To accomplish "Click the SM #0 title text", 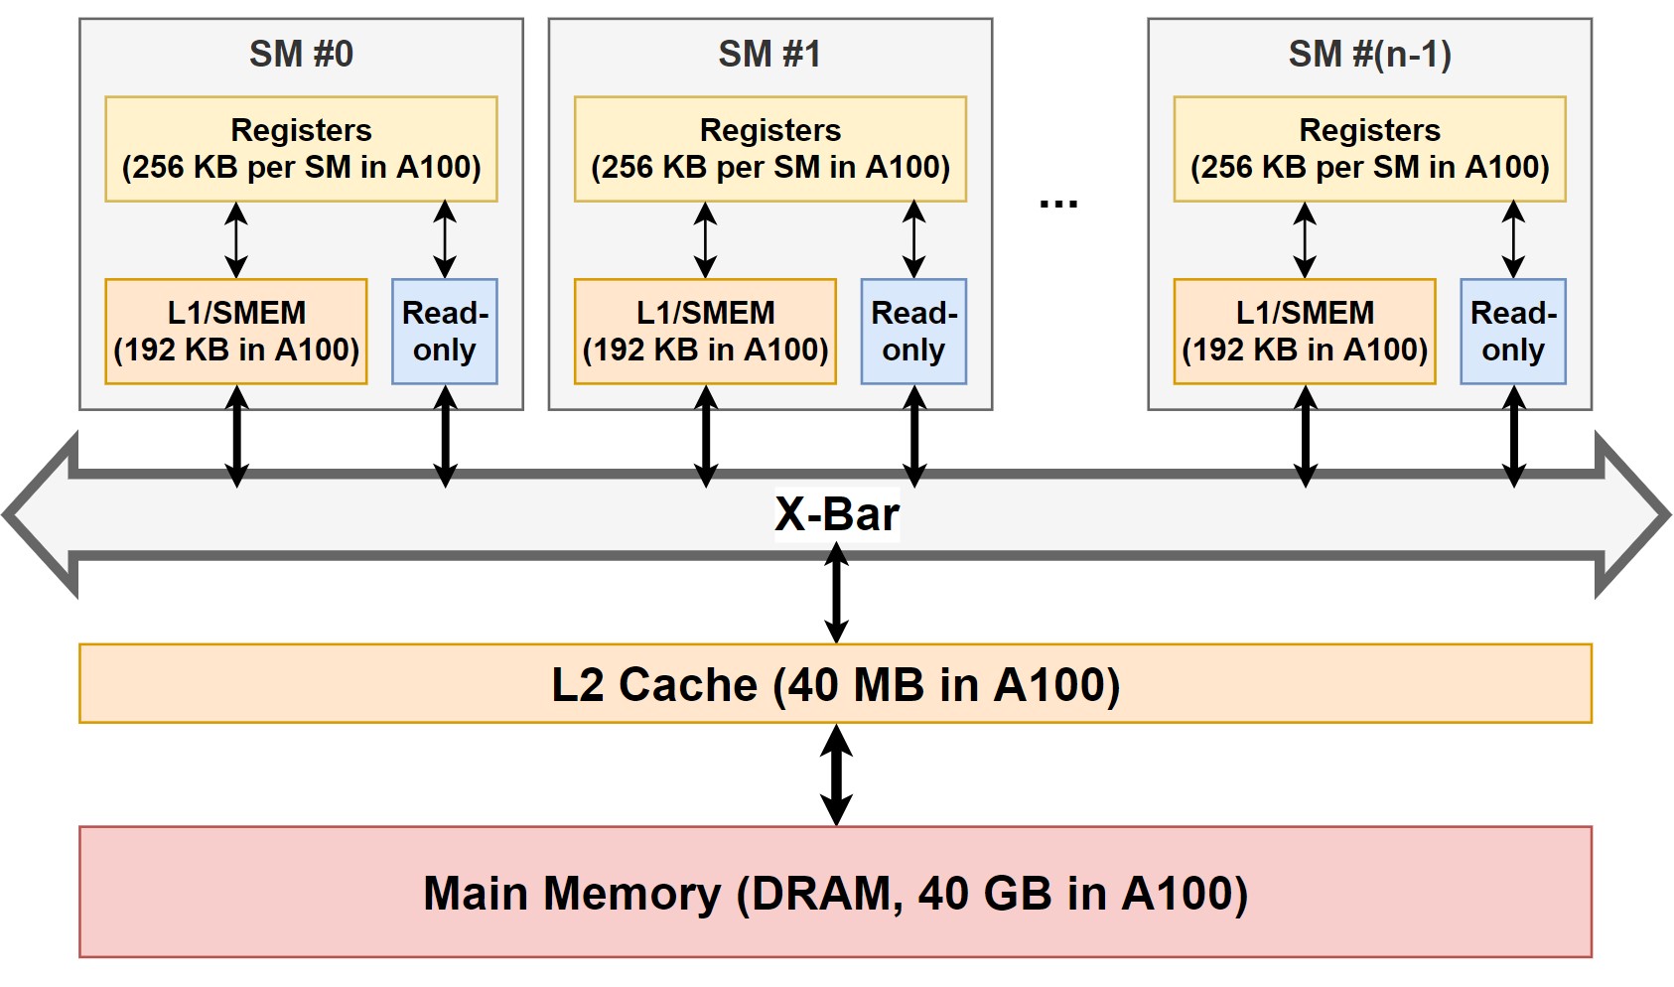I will tap(301, 54).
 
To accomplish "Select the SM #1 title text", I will tap(769, 54).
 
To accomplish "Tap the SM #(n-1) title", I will tap(1369, 54).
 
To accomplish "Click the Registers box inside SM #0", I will tap(301, 149).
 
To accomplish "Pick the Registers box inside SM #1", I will tap(769, 149).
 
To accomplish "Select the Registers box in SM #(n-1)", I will tap(1369, 149).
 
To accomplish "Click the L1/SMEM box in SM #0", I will tap(236, 331).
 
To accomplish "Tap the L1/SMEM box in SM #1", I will tap(705, 331).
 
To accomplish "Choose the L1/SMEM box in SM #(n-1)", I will tap(1305, 331).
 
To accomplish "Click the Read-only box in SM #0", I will tap(445, 331).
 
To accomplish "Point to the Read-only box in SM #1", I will tap(913, 331).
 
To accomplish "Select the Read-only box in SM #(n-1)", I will tap(1513, 331).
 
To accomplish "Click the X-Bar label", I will tap(836, 514).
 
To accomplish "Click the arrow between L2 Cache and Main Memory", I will tap(837, 775).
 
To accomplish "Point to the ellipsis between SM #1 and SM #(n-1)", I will tap(1058, 204).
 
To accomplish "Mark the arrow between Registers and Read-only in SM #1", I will tap(914, 239).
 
